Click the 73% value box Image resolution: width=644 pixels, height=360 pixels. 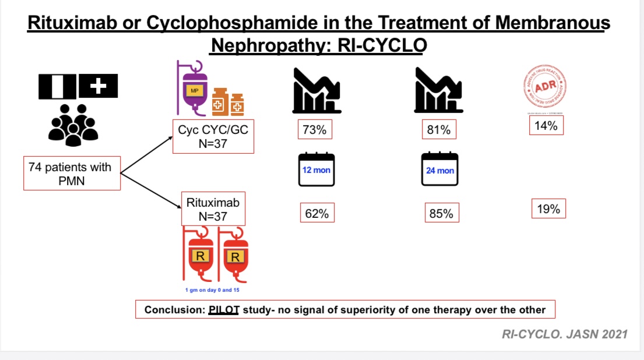314,130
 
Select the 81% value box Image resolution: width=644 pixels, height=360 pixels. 438,130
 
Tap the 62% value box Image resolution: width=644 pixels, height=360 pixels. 316,214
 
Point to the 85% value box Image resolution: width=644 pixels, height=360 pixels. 441,214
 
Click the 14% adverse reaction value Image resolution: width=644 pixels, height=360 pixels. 546,125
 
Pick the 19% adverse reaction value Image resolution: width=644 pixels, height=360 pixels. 548,209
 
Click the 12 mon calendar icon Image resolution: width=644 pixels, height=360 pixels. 316,169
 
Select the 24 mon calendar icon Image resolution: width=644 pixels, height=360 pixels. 440,169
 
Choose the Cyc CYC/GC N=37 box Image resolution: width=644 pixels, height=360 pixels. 213,137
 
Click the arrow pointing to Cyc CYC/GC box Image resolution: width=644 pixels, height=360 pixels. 146,154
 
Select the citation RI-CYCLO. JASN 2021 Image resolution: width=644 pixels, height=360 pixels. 565,334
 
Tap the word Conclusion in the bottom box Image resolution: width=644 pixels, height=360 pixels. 173,310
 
